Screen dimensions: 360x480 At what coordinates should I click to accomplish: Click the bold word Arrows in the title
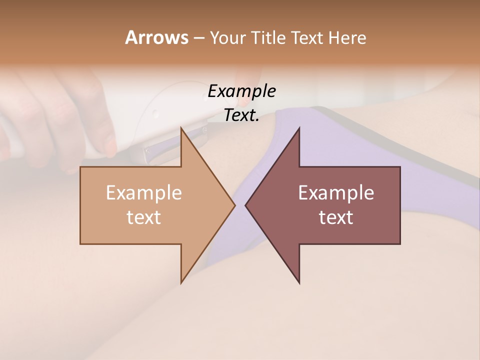[x=156, y=38]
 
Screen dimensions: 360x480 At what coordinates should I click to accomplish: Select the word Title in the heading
[x=269, y=38]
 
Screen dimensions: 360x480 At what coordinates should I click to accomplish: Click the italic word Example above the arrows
[x=241, y=91]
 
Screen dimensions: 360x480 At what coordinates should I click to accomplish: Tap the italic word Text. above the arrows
[x=241, y=115]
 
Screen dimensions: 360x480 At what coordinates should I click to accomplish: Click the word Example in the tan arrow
[x=144, y=193]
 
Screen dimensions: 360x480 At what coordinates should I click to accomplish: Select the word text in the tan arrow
[x=144, y=217]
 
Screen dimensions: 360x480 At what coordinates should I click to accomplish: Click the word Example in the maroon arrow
[x=336, y=193]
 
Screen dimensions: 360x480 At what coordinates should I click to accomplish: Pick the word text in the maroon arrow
[x=336, y=217]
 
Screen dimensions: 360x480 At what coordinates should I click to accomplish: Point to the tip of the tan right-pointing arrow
[x=234, y=205]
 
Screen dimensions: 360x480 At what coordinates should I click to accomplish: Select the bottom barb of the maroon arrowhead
[x=299, y=283]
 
